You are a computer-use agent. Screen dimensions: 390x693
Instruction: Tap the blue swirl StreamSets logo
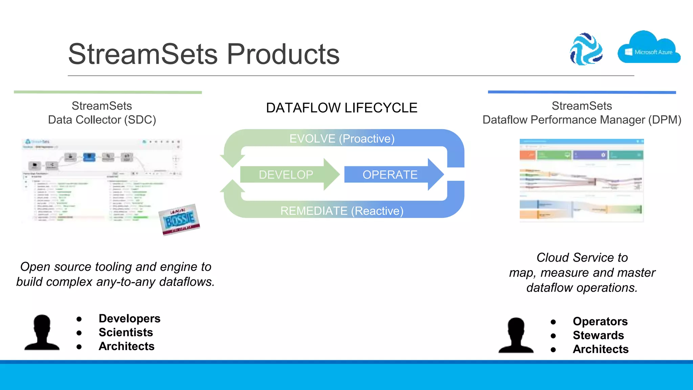point(586,49)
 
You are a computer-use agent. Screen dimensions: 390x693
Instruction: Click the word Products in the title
point(283,54)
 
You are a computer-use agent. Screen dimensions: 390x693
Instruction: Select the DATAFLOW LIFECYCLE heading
point(341,108)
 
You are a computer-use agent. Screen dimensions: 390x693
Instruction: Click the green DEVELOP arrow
point(288,175)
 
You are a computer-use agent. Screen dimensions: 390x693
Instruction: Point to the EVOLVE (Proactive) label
point(342,138)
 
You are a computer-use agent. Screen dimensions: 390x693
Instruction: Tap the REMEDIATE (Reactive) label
point(342,211)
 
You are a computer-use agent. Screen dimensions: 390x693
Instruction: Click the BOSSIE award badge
point(179,219)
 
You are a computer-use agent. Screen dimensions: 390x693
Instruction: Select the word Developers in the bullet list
point(129,319)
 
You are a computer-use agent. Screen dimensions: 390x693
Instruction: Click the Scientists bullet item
point(126,332)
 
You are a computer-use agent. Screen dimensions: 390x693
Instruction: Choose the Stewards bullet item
point(598,335)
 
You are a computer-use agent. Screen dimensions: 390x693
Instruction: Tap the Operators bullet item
point(600,321)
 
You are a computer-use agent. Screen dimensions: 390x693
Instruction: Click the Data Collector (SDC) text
point(102,120)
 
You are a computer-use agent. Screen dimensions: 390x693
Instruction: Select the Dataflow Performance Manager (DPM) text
point(582,120)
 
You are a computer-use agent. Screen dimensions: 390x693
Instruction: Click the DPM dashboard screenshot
point(581,180)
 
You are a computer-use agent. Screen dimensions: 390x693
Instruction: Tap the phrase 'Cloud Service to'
point(582,258)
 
